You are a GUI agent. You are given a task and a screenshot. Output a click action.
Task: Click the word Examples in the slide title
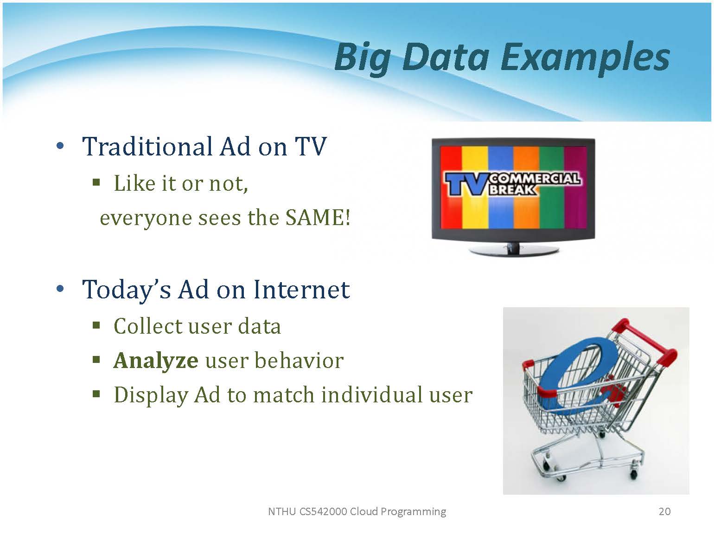585,59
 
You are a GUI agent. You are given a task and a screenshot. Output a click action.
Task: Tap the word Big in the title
363,59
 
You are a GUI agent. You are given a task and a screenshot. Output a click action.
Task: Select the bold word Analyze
155,361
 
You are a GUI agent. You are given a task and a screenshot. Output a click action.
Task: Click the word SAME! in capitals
318,217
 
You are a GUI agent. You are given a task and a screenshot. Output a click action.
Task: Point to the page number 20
664,511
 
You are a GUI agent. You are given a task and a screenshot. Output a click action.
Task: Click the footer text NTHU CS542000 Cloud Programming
357,511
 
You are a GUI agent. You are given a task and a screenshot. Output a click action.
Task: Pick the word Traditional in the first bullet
147,147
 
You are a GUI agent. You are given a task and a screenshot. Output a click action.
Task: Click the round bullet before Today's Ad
60,289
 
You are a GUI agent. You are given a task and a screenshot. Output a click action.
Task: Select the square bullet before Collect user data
96,325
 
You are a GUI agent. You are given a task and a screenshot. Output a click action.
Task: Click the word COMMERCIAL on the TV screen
535,178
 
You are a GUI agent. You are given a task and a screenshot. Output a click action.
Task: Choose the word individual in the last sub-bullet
371,395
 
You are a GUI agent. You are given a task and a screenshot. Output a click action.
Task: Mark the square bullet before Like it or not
96,182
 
